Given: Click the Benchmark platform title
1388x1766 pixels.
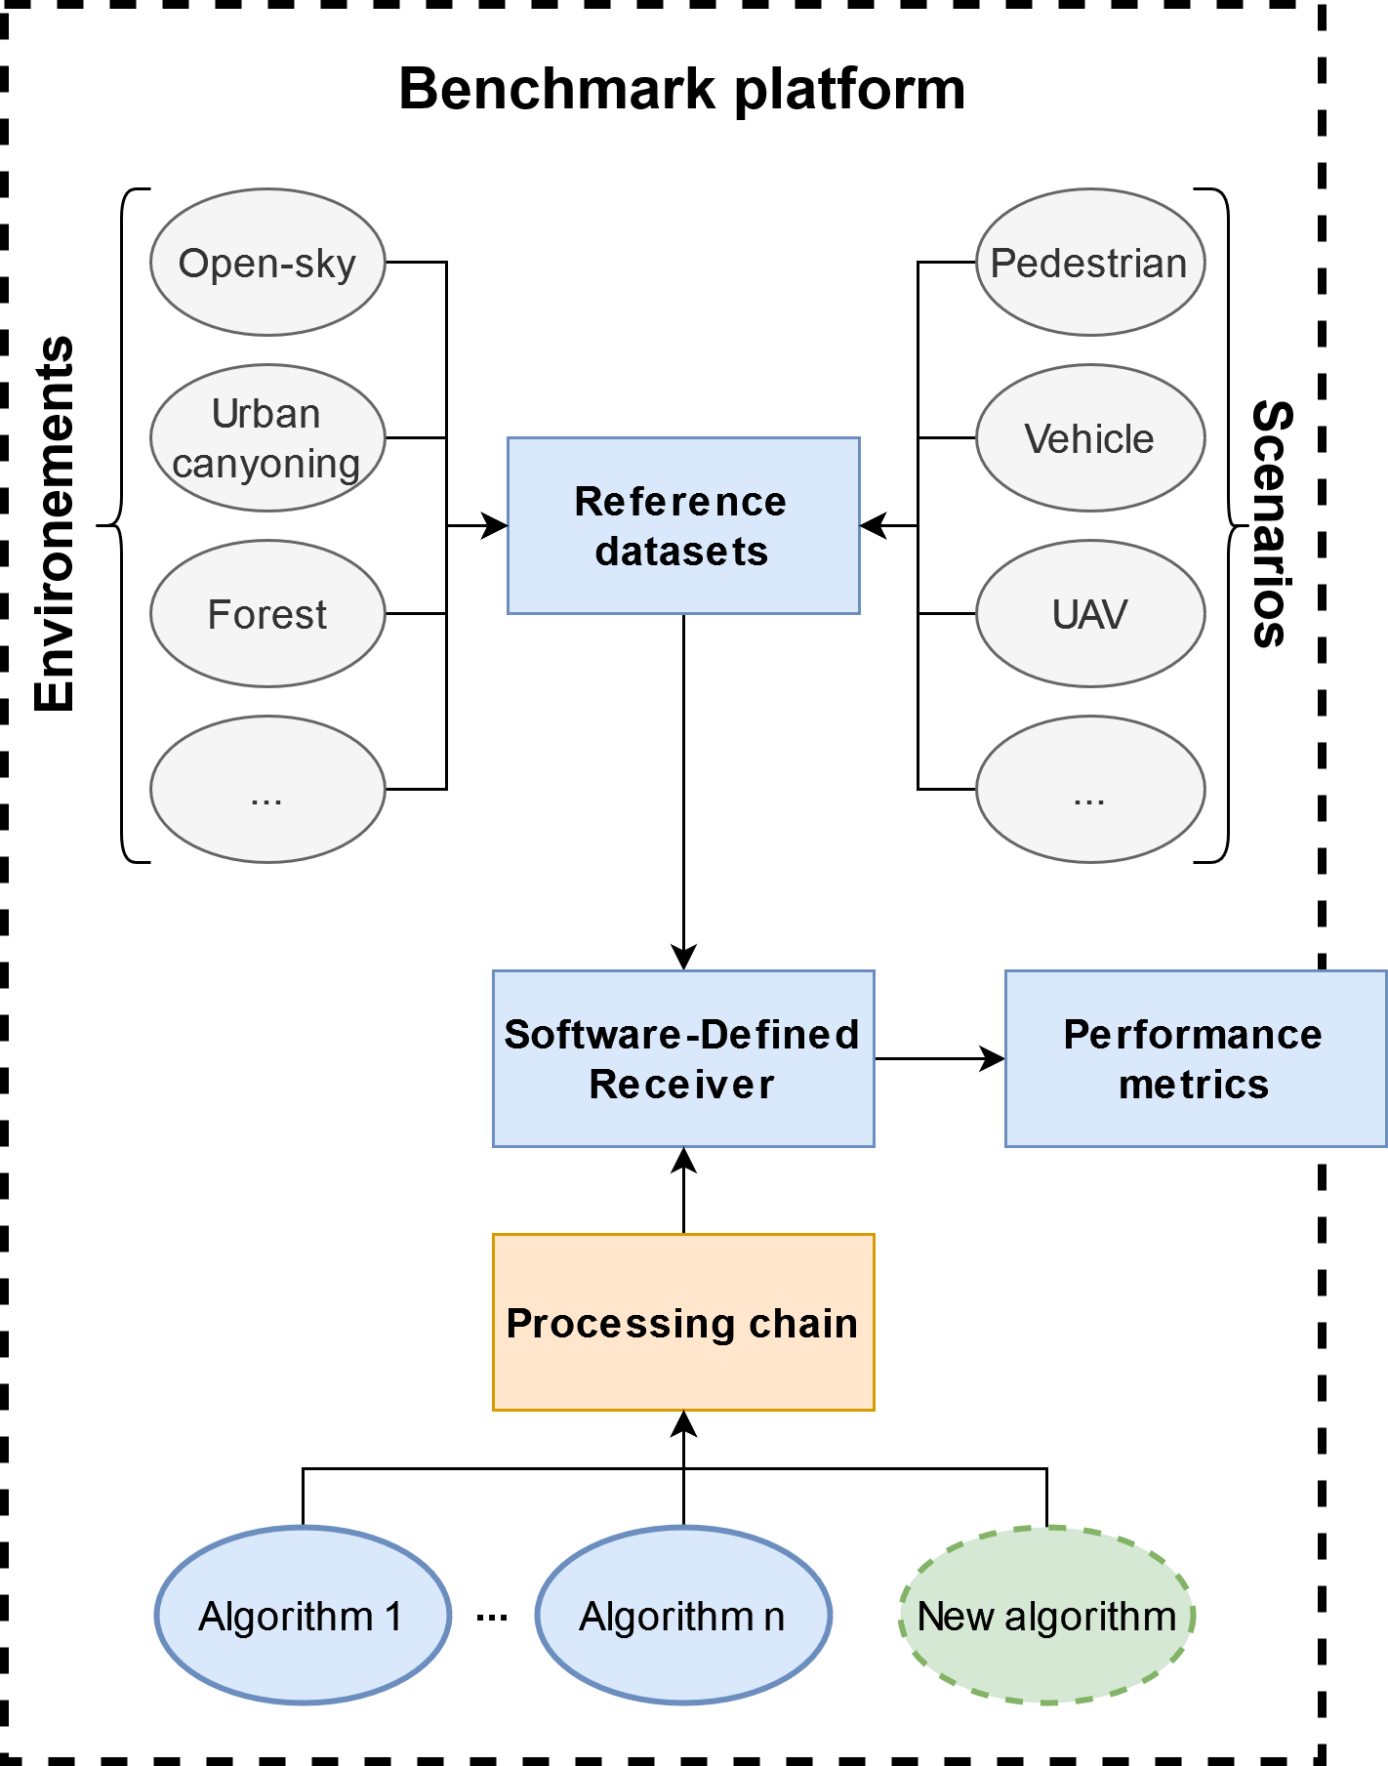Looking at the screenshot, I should point(681,90).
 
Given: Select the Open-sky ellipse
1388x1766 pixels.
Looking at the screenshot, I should point(267,263).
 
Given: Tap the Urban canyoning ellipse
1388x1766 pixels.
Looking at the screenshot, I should point(267,438).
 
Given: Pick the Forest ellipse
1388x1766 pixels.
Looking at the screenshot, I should point(267,614).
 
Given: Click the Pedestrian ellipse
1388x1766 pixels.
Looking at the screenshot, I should point(1089,263).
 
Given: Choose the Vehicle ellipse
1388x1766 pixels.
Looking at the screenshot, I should point(1089,438).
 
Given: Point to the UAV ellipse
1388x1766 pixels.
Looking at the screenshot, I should point(1089,614).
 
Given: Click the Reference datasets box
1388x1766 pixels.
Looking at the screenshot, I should point(682,526).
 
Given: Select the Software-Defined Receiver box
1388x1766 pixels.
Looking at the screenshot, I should point(682,1058).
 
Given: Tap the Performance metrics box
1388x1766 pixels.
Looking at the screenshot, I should point(1194,1058).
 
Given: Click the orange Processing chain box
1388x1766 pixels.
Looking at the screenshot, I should point(682,1322).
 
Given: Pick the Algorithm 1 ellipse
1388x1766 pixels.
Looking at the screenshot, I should point(303,1616).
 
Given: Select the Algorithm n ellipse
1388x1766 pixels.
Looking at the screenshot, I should point(682,1616).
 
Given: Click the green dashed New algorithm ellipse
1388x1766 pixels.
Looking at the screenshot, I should point(1046,1616).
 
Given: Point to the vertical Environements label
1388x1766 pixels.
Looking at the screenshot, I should point(55,524).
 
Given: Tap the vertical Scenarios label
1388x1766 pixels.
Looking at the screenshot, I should point(1272,524).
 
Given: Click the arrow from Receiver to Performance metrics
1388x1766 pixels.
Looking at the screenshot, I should point(938,1058).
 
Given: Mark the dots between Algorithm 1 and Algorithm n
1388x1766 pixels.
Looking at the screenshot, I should point(492,1618).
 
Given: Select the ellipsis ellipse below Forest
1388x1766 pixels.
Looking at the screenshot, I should point(267,790).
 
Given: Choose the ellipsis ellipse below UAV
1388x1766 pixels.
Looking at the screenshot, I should point(1089,790).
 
